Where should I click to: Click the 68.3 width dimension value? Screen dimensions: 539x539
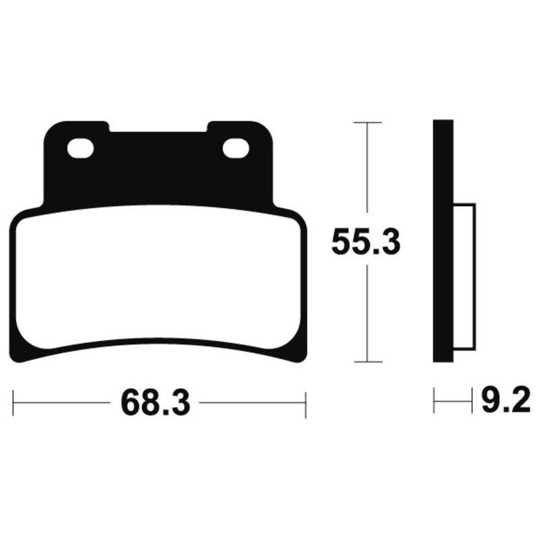click(x=156, y=404)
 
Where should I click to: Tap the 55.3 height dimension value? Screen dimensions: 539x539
click(x=366, y=243)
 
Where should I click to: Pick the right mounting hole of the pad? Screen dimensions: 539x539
click(x=236, y=148)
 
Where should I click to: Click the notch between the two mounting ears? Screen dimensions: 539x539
click(x=158, y=126)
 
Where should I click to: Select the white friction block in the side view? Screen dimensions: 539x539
click(x=464, y=276)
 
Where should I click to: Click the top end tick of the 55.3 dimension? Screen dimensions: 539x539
click(x=367, y=123)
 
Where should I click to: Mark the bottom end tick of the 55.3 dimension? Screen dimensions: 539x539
click(x=367, y=362)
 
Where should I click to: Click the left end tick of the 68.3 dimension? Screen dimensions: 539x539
click(x=13, y=404)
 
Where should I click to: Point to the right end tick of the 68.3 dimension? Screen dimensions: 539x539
click(x=306, y=404)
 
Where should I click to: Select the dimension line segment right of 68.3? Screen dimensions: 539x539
click(x=253, y=404)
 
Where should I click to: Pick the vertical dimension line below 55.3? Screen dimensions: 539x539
click(x=367, y=310)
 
